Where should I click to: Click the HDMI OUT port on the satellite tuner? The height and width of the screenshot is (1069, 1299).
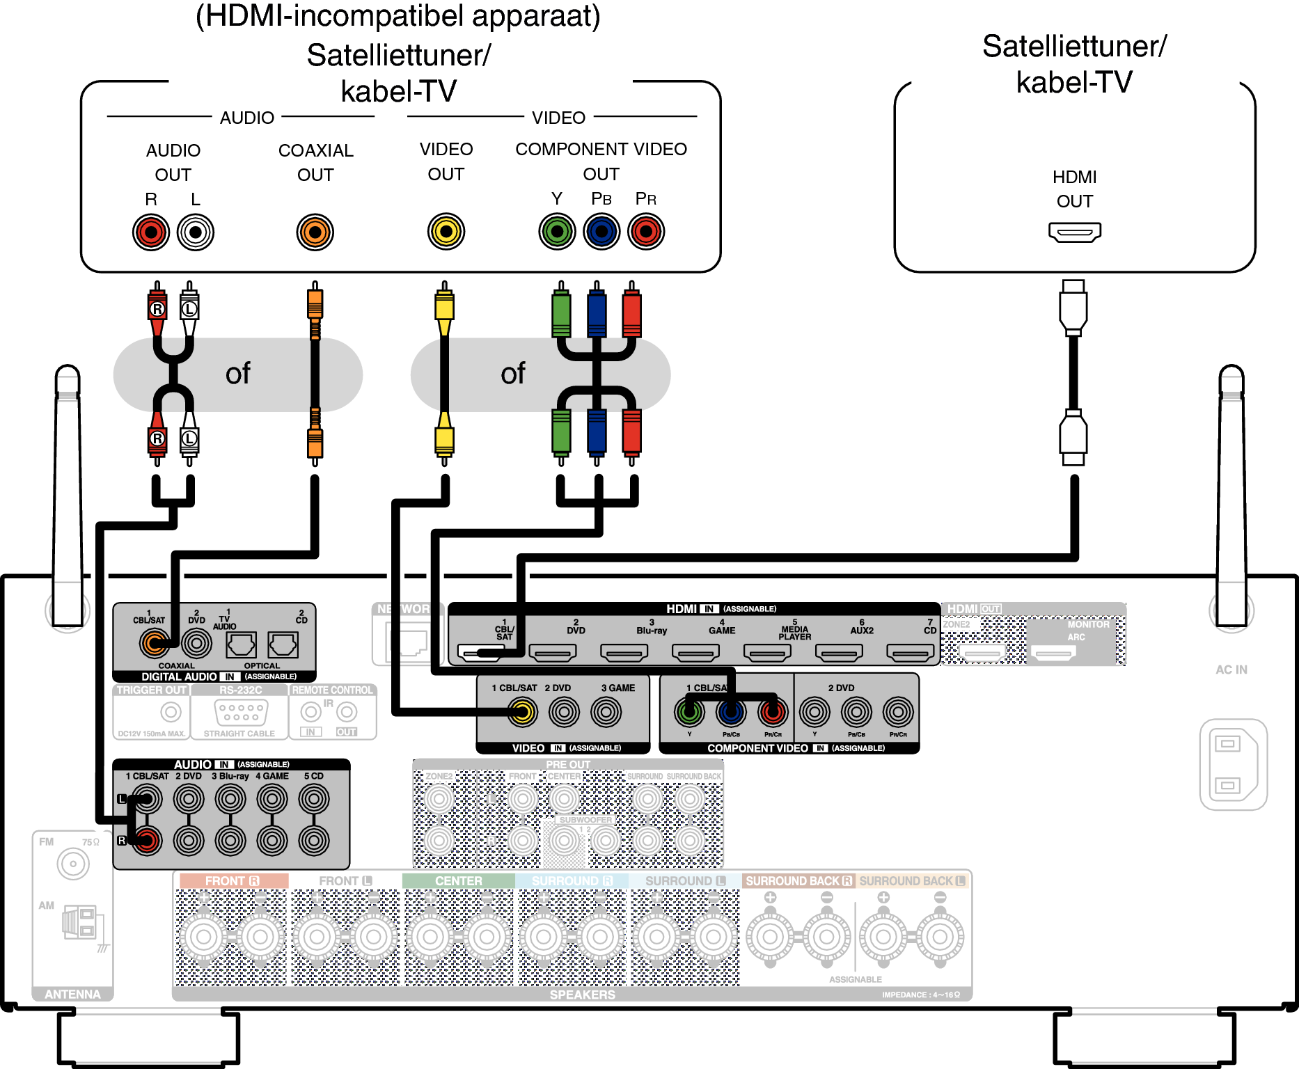tap(1074, 232)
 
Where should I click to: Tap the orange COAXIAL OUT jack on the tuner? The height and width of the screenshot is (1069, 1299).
tap(315, 232)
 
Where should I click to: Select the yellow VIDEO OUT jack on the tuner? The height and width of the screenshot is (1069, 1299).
tap(446, 232)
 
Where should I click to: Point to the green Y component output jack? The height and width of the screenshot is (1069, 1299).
tap(557, 232)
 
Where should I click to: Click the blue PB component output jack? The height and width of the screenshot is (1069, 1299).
tap(601, 232)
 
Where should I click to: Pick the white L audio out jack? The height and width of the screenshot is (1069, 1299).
tap(196, 232)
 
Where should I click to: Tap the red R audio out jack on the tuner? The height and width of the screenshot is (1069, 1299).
tap(151, 232)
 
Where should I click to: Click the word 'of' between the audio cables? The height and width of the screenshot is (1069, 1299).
tap(237, 374)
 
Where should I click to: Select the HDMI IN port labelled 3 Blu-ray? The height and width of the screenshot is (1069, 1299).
tap(624, 652)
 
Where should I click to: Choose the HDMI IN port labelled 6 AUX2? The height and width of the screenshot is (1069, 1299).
tap(839, 652)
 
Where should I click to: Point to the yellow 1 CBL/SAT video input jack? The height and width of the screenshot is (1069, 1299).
tap(522, 711)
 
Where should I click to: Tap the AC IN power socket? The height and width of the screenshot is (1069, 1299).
tap(1233, 764)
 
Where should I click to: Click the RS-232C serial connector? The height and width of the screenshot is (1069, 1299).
tap(240, 712)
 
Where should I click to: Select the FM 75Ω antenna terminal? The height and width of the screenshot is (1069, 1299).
tap(73, 864)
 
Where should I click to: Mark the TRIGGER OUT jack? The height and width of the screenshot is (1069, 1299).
tap(171, 712)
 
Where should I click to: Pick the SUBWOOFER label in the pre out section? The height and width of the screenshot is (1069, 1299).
tap(585, 820)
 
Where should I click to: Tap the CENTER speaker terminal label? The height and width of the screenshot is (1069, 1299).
tap(458, 881)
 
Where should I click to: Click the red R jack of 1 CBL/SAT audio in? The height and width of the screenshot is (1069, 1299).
tap(147, 841)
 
